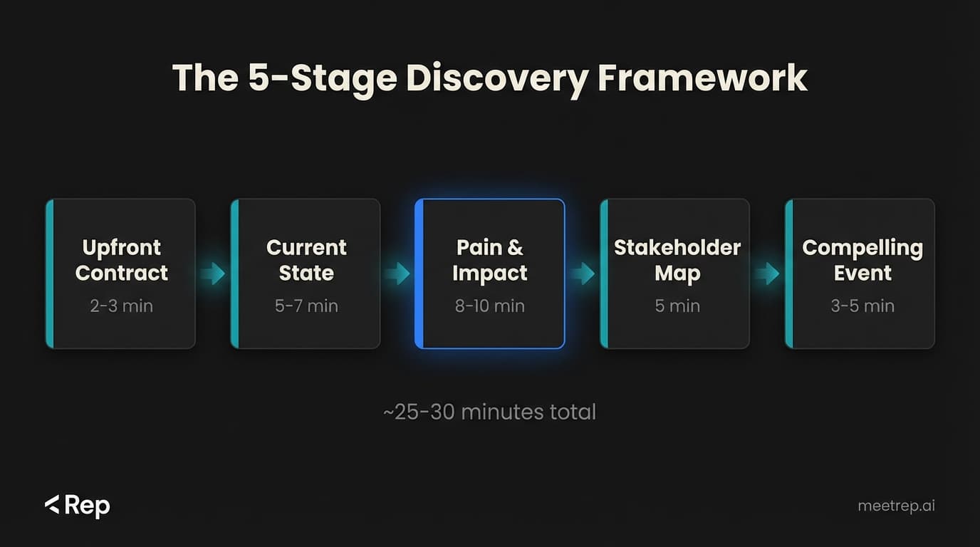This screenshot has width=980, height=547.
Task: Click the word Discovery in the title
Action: [496, 78]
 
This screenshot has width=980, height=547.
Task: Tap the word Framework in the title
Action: [702, 78]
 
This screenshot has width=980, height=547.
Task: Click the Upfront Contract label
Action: [122, 260]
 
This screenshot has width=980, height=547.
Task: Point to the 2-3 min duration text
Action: [122, 306]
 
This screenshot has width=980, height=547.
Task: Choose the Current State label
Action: [306, 260]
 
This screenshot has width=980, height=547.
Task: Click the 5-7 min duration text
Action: [306, 306]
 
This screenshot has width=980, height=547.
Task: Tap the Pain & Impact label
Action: [490, 260]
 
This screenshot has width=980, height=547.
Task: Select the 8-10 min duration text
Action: [490, 306]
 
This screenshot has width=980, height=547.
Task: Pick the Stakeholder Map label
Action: [677, 260]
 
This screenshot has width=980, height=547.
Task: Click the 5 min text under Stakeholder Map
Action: [677, 306]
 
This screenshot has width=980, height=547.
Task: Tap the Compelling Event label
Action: [862, 260]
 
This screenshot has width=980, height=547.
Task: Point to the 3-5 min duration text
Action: [862, 306]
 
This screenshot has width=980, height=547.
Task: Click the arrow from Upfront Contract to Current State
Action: [213, 273]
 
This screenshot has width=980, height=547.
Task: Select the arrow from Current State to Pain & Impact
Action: [397, 273]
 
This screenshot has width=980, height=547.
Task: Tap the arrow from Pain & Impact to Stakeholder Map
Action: [583, 273]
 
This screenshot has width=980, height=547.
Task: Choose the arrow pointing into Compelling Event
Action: [767, 273]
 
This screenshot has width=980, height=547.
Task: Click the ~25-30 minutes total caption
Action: [489, 412]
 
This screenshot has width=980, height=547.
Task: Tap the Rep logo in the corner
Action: [77, 506]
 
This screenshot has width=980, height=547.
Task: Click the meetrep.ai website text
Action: [896, 506]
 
